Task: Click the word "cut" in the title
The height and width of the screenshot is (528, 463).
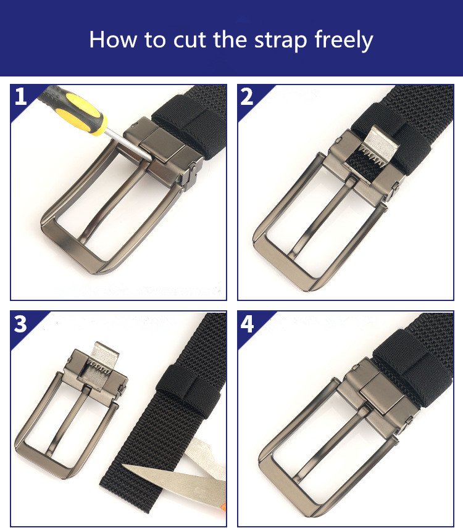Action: [190, 39]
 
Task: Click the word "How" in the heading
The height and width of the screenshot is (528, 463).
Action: [113, 39]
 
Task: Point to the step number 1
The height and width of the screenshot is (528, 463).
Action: [20, 96]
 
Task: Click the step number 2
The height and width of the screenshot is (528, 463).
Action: [247, 97]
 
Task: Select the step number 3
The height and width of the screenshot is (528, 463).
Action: [20, 324]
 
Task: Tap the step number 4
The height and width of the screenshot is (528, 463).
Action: [247, 324]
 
